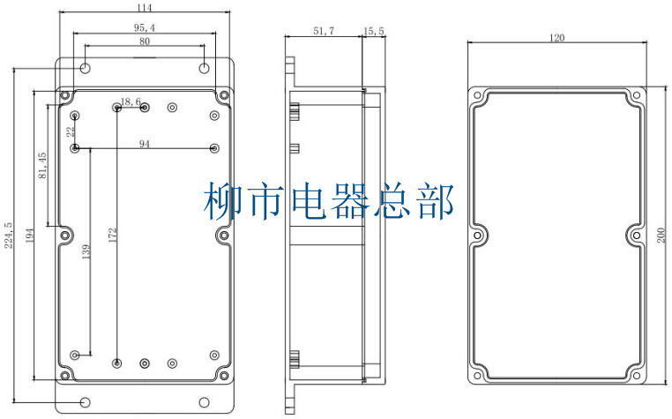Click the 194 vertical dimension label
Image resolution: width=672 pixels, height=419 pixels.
click(x=29, y=236)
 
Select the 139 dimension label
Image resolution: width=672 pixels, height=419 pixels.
click(x=85, y=251)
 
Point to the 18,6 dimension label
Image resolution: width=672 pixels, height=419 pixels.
click(x=131, y=102)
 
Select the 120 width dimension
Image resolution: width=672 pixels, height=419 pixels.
click(x=556, y=38)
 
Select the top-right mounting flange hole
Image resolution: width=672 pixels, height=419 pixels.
click(x=204, y=69)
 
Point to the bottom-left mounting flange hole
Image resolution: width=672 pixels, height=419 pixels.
click(x=86, y=402)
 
